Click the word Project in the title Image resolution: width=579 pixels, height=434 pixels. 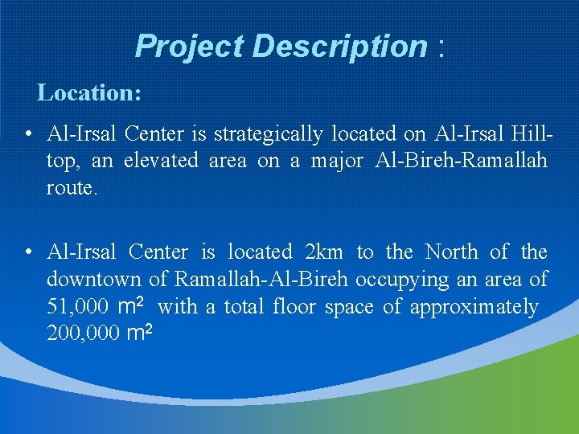(x=190, y=47)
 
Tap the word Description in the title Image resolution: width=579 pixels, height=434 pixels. (x=339, y=47)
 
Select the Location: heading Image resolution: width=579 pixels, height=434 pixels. (x=89, y=93)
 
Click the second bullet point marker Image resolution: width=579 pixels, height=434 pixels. (x=28, y=253)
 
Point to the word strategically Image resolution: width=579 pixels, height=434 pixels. (x=269, y=134)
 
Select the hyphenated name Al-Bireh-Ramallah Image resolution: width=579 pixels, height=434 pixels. (x=462, y=161)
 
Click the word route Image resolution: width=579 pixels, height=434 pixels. (x=72, y=188)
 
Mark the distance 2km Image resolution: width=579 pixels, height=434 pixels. (x=324, y=252)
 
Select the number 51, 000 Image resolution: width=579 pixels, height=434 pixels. (x=78, y=307)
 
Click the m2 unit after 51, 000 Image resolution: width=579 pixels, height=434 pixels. (x=130, y=305)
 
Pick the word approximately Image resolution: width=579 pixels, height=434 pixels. (x=474, y=308)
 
